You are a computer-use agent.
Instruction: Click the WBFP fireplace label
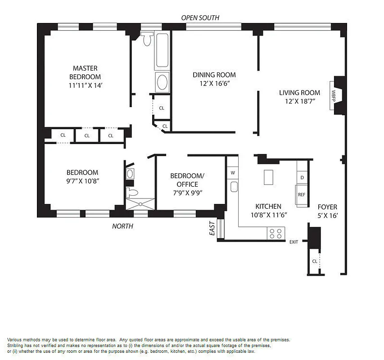pos(334,96)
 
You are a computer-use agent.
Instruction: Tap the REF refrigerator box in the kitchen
pos(302,195)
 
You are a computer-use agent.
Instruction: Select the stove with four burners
pos(276,233)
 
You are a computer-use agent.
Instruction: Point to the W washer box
pos(233,173)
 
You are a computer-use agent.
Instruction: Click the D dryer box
pos(302,178)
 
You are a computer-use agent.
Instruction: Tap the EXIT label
pos(294,242)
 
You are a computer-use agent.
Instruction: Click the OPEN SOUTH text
pos(200,18)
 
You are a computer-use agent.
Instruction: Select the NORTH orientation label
pos(122,226)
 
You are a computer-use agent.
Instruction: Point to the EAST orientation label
pos(212,229)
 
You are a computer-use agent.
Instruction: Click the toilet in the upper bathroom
pos(147,40)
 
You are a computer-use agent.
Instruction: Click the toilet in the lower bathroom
pos(133,193)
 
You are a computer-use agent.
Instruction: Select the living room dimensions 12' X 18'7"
pos(299,101)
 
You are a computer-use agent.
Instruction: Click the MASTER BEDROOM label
pos(85,72)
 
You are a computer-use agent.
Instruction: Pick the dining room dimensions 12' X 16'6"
pos(214,83)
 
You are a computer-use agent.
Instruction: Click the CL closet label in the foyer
pos(315,261)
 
